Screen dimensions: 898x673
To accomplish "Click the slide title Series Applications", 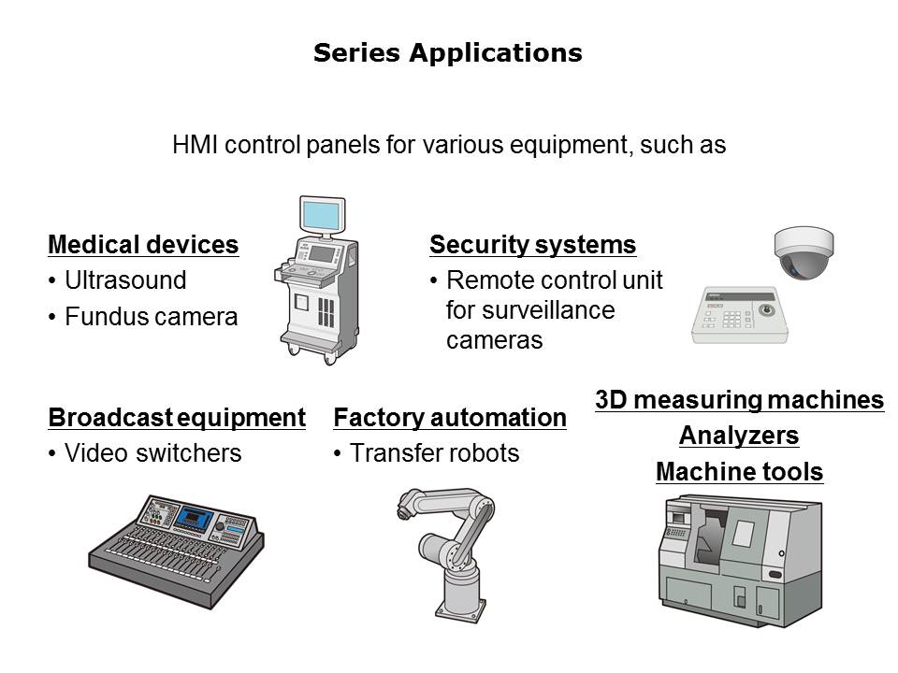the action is coord(448,52).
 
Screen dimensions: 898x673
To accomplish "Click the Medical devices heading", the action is coord(143,244).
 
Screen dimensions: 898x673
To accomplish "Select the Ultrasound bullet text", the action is coord(125,280).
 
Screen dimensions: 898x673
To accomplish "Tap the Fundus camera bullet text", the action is coord(152,317).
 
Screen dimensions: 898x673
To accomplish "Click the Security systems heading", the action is coord(532,245).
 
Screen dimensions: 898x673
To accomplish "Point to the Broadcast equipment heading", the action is coord(177,418).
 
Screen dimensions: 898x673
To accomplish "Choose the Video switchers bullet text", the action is coord(152,453).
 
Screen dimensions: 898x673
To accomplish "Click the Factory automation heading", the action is coord(450,418).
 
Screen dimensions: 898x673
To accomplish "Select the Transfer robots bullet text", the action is coord(435,453).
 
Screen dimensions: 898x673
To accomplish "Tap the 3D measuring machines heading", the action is coord(739,400).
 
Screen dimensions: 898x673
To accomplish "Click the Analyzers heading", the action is coord(739,436).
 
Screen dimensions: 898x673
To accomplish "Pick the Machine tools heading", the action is coord(739,471).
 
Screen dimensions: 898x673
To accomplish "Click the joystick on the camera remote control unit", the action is coord(766,310).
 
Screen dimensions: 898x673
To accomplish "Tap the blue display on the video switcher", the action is coord(194,518).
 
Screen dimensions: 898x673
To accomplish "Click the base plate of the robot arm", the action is coord(461,611).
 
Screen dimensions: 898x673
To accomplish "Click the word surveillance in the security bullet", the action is coord(530,310).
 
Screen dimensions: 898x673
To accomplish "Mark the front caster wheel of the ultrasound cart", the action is coord(330,358).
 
